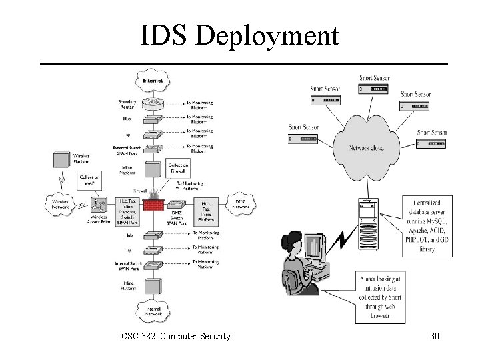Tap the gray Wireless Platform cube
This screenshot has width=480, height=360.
[x=62, y=161]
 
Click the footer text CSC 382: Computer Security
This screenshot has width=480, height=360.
[x=176, y=336]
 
